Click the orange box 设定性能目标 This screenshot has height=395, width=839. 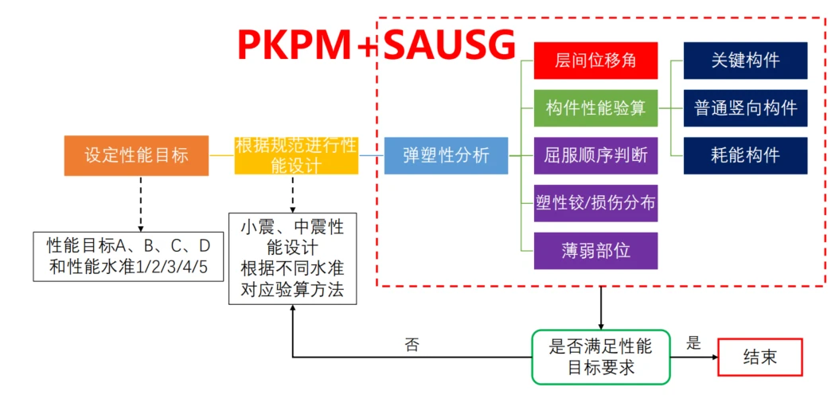click(x=136, y=155)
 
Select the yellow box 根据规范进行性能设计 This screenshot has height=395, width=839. click(x=296, y=155)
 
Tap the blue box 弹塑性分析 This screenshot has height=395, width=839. click(x=446, y=155)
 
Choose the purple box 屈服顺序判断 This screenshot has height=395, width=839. click(x=595, y=155)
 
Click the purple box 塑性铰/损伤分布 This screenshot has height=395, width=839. click(x=595, y=202)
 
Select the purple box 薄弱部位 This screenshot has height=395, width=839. click(x=595, y=249)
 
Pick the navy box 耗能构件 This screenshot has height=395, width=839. click(x=745, y=155)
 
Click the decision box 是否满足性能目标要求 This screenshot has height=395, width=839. click(x=601, y=357)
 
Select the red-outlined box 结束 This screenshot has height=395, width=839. click(x=759, y=357)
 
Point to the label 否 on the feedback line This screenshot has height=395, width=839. click(x=412, y=345)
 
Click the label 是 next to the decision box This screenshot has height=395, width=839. click(x=693, y=343)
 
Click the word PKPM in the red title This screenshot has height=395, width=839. click(x=295, y=45)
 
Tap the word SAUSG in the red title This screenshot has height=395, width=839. click(x=449, y=45)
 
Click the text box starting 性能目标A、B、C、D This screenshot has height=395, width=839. click(x=127, y=256)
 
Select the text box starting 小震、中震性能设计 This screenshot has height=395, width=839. click(x=292, y=258)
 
